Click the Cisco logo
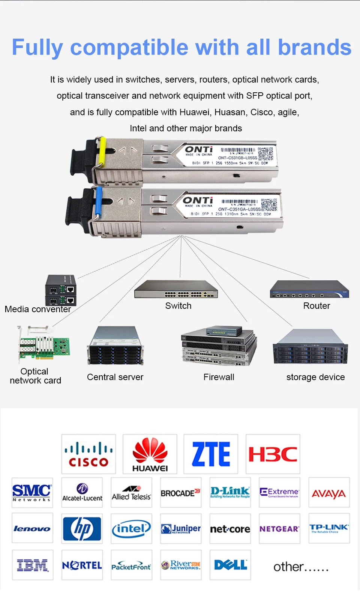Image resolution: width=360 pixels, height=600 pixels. tap(88, 454)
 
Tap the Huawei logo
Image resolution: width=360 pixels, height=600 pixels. tap(150, 454)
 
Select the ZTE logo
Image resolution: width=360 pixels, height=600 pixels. tap(211, 454)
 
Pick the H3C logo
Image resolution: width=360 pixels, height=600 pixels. tap(273, 454)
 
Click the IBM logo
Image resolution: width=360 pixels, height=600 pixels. tap(32, 565)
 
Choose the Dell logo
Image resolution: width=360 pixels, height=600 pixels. tap(230, 565)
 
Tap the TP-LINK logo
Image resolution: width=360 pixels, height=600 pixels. tap(329, 528)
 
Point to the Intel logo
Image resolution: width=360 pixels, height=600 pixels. tap(131, 529)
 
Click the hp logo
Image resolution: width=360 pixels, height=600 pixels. tap(82, 529)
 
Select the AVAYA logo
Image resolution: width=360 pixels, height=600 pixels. tap(329, 493)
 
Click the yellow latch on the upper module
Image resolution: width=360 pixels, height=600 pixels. tap(102, 152)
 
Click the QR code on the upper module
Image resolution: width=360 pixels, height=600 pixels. tap(265, 154)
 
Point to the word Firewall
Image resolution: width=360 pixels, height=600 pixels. tap(219, 377)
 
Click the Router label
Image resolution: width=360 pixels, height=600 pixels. tap(316, 306)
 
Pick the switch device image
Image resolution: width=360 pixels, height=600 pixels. tap(176, 289)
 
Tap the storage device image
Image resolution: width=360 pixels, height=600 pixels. tap(310, 347)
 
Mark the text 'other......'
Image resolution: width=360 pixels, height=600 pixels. tap(301, 567)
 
